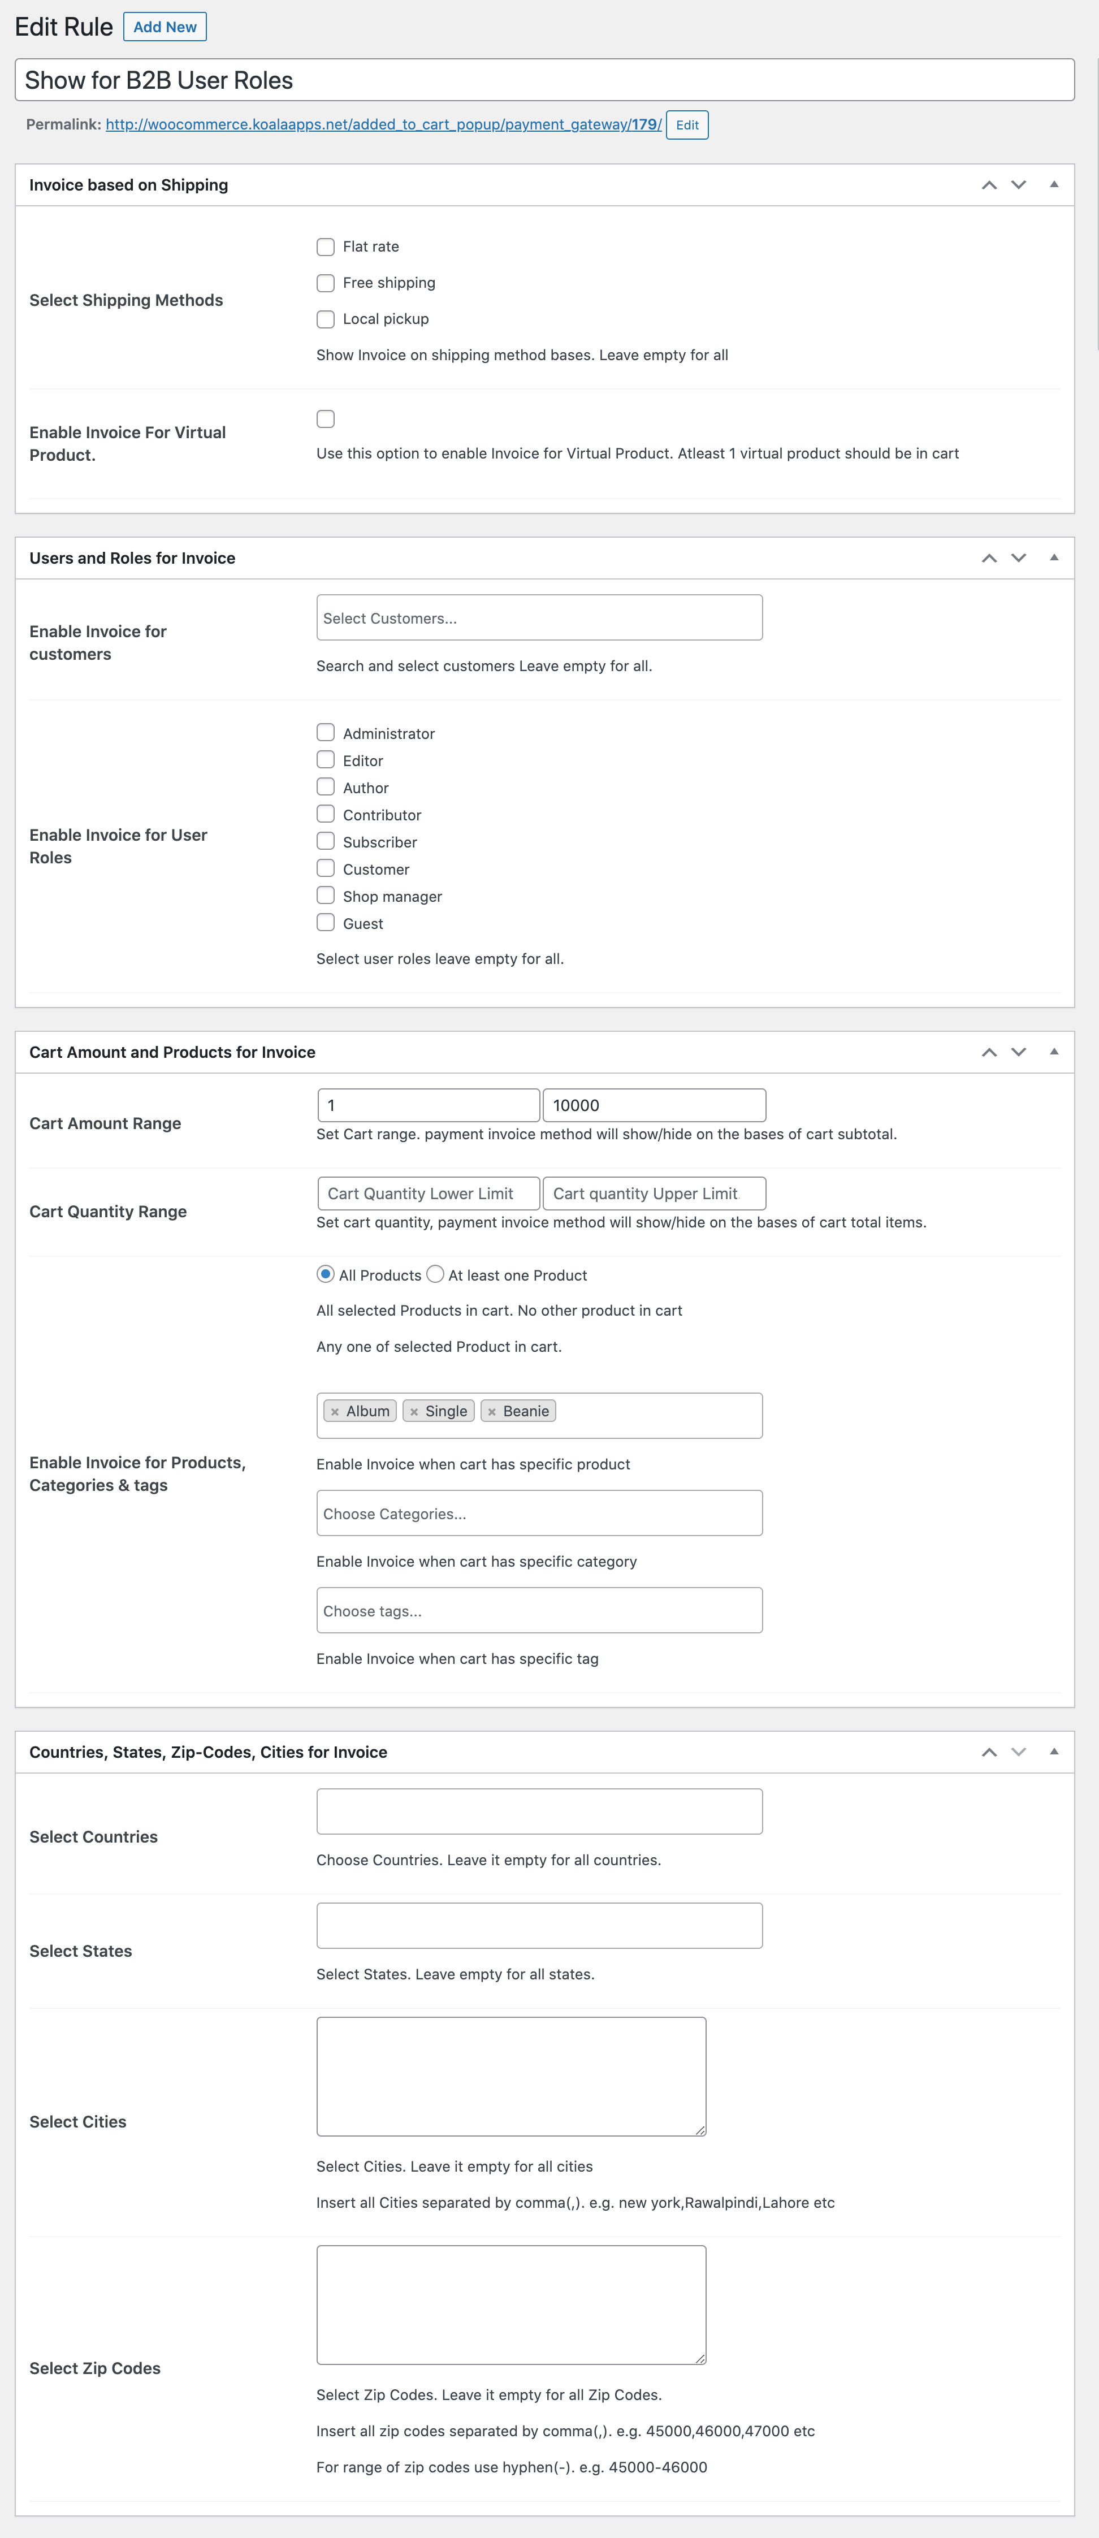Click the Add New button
(x=165, y=27)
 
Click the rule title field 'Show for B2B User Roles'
(x=544, y=80)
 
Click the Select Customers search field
(x=539, y=618)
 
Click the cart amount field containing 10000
(x=654, y=1104)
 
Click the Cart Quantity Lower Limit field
(x=429, y=1193)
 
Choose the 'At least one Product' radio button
(x=435, y=1274)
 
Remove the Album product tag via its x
(x=335, y=1412)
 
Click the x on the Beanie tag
(x=491, y=1412)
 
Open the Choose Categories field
(x=539, y=1514)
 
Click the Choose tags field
(x=539, y=1611)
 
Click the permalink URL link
(x=383, y=125)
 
